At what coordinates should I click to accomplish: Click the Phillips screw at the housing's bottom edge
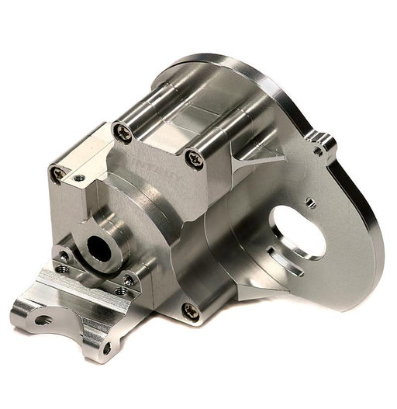(x=188, y=310)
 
